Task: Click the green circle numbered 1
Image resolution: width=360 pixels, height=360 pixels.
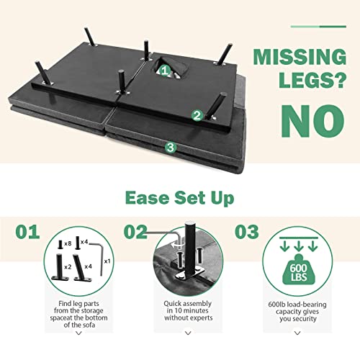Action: (x=165, y=71)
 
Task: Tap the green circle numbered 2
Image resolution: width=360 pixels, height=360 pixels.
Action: (x=197, y=115)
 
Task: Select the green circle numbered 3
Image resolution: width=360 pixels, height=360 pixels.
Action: (x=171, y=147)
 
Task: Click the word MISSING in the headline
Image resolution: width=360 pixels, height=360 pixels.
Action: (x=300, y=57)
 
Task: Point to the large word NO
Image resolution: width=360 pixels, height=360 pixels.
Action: (x=312, y=121)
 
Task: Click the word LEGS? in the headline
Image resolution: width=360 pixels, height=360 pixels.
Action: (x=312, y=80)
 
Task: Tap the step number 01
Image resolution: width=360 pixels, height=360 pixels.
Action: (x=27, y=232)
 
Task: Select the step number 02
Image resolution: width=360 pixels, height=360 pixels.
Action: (x=135, y=232)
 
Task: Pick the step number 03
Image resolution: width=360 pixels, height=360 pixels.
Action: (x=247, y=232)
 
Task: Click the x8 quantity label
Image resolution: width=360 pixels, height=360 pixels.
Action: (x=68, y=244)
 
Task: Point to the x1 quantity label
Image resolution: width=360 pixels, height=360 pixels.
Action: (x=107, y=261)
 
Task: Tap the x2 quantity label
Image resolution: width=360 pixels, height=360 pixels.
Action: (x=68, y=267)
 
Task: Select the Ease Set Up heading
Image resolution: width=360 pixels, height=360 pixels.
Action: (x=179, y=198)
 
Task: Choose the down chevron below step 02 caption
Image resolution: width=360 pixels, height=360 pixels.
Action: (x=188, y=333)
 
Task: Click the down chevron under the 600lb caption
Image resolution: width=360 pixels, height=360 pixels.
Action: (x=297, y=333)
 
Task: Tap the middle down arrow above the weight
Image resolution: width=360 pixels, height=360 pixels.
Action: (x=299, y=246)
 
